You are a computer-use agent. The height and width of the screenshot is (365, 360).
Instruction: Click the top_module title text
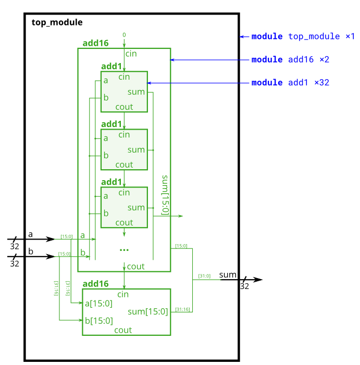[57, 22]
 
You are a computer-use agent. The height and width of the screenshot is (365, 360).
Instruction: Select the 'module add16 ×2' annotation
[290, 60]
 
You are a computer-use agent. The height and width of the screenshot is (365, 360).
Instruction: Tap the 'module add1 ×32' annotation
[290, 83]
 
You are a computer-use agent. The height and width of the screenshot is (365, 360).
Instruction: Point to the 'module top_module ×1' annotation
[303, 37]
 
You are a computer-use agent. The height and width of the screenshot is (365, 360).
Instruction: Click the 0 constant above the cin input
[124, 35]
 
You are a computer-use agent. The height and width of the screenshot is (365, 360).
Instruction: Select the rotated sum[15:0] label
[165, 195]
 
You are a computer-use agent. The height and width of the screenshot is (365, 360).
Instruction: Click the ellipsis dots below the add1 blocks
[124, 250]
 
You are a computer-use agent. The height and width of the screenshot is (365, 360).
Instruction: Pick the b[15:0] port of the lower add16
[98, 320]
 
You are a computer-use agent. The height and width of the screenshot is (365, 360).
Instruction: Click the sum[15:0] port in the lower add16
[148, 312]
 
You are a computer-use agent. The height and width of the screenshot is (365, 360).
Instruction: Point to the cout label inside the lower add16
[123, 330]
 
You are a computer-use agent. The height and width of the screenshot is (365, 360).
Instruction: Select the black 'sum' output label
[228, 274]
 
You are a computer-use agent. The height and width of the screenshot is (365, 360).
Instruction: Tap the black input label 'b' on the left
[30, 251]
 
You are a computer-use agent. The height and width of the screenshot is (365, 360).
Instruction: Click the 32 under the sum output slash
[244, 286]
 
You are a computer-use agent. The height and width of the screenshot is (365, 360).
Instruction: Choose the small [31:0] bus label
[204, 276]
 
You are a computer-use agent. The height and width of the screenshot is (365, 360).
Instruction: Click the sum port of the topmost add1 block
[136, 92]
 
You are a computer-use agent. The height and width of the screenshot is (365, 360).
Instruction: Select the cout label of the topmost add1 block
[124, 107]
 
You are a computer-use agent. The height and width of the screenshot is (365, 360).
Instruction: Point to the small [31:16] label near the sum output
[182, 309]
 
